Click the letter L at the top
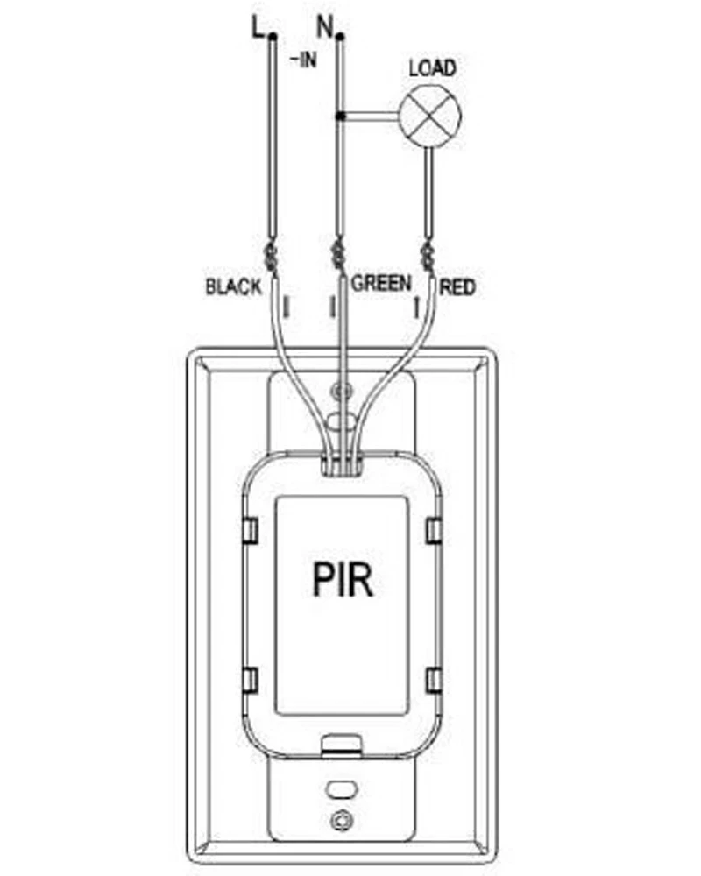258,27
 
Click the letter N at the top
325,26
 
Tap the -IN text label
303,60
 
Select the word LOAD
432,68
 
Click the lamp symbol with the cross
430,117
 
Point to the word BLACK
233,287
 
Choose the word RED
457,287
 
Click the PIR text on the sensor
343,580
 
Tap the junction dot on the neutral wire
339,117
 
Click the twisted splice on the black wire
273,257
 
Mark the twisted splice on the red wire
428,257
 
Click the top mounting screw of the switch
342,390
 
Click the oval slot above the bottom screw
342,789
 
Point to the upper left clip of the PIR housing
251,530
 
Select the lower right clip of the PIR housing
434,680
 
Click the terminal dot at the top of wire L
273,38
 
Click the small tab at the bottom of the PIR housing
342,745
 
